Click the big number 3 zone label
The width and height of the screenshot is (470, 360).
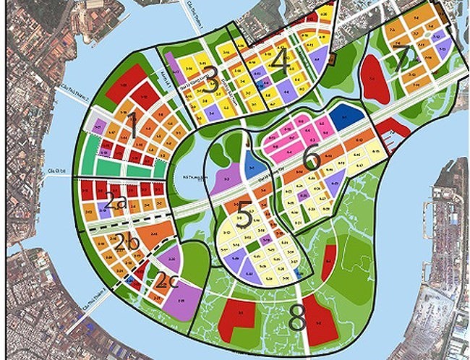210,83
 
